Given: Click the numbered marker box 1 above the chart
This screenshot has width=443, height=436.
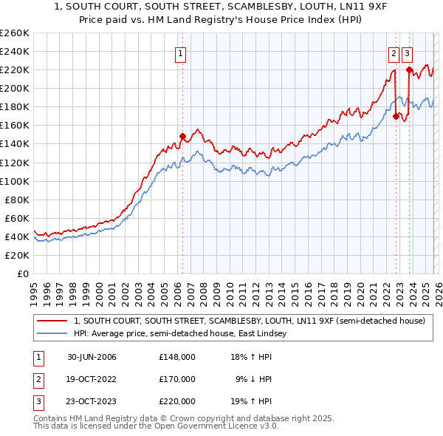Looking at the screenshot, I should click(181, 52).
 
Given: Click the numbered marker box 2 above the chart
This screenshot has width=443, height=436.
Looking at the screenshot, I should click(394, 52).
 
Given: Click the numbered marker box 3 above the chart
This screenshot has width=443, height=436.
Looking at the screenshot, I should click(408, 52).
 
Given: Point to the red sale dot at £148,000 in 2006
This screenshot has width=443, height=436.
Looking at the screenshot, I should click(182, 136).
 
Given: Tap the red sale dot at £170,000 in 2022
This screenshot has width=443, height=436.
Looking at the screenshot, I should click(396, 116).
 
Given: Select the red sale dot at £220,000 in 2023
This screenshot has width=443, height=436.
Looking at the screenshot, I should click(409, 69).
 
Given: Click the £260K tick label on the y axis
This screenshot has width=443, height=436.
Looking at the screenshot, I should click(15, 33).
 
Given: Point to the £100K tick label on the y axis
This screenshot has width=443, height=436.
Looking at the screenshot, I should click(15, 181).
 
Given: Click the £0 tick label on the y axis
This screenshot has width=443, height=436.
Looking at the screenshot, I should click(24, 273).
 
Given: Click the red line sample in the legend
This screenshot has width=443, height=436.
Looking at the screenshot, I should click(52, 321).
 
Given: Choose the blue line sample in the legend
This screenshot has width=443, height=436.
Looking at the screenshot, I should click(52, 334).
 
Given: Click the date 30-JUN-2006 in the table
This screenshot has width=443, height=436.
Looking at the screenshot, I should click(92, 357).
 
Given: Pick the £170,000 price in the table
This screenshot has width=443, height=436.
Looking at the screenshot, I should click(176, 379).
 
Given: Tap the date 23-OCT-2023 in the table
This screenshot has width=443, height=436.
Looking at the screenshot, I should click(92, 401).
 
